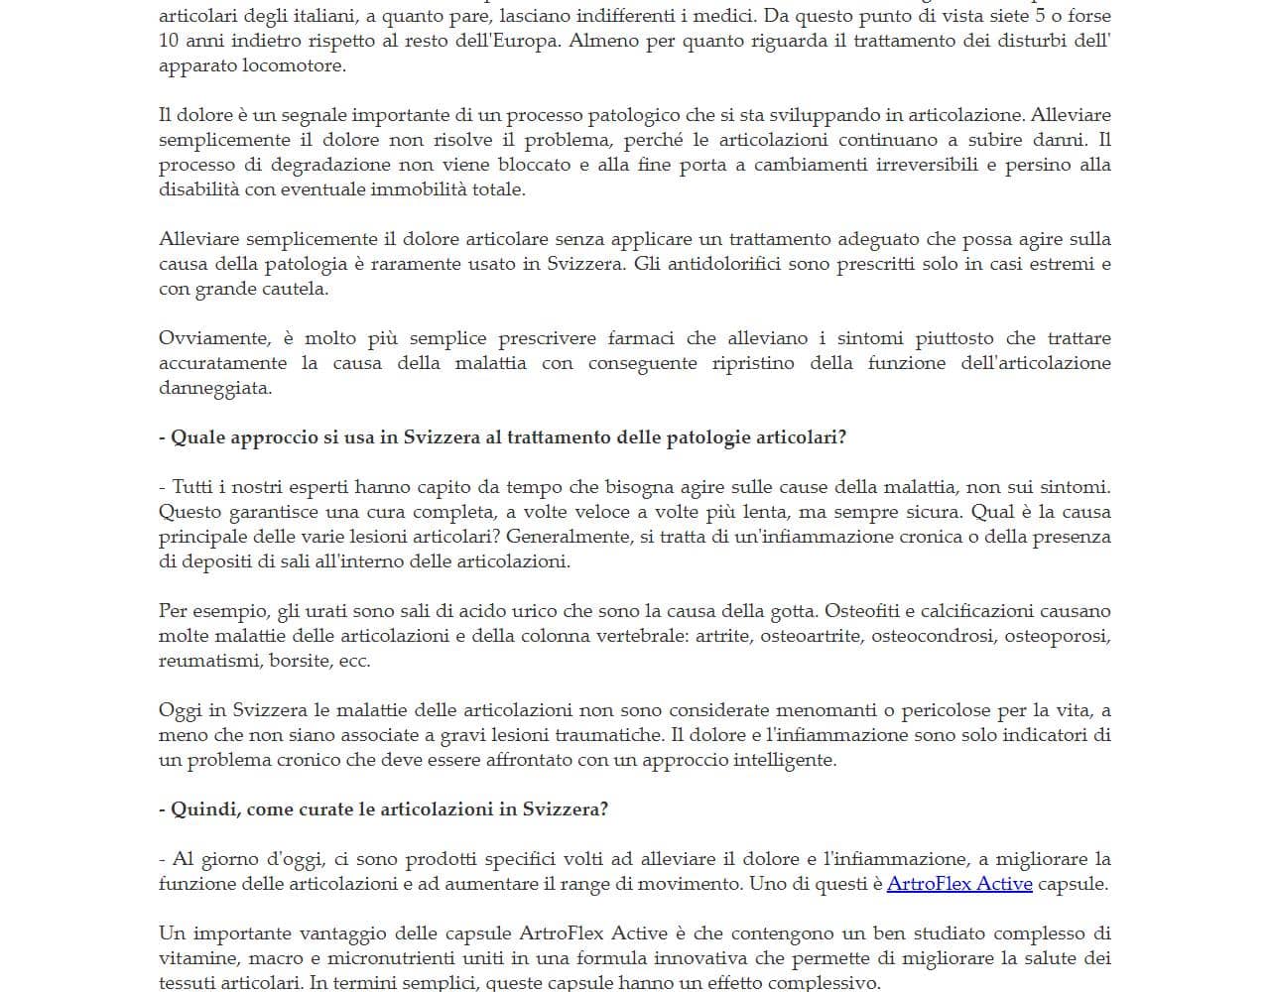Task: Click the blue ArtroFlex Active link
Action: pos(959,884)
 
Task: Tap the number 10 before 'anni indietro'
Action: pos(169,41)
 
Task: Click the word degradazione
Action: pos(327,165)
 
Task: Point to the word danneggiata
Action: pos(214,388)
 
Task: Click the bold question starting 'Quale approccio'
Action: pos(503,437)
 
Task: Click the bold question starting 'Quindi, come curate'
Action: pos(384,809)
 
